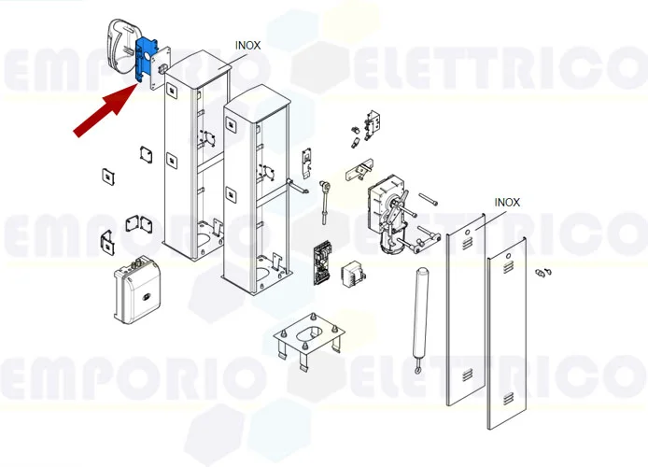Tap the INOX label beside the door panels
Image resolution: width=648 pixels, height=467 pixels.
point(507,202)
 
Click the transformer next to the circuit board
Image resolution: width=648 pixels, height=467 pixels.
point(352,272)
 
